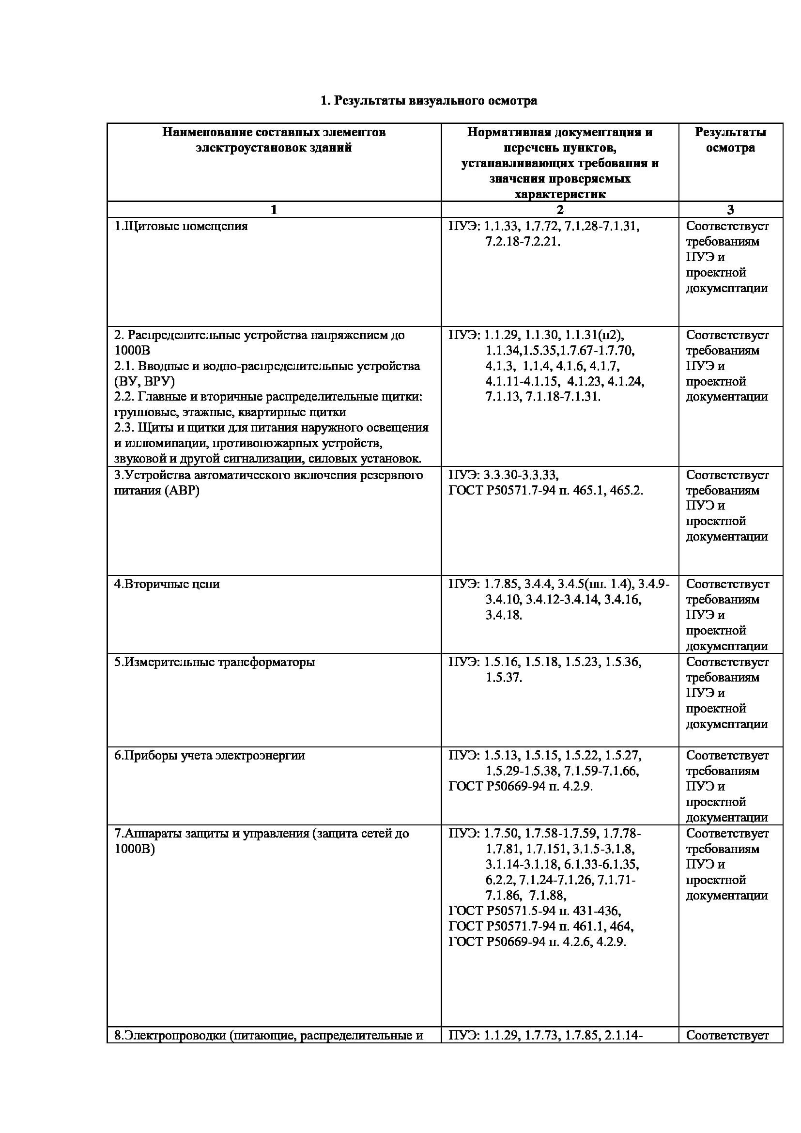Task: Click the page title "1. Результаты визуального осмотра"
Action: coord(428,101)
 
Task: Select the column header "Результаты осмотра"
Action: coord(730,140)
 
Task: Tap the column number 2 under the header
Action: coord(560,210)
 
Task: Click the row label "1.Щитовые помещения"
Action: coord(181,226)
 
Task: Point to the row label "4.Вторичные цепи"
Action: coord(167,584)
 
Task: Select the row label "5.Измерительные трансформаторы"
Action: coord(215,662)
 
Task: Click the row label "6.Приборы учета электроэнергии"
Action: coord(210,756)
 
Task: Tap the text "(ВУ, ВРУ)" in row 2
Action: coord(144,381)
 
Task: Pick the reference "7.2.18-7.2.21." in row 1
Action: coord(523,242)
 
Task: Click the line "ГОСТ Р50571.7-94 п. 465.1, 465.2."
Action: coord(545,491)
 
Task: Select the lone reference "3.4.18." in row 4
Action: coord(504,615)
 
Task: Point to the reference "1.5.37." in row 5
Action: coord(504,678)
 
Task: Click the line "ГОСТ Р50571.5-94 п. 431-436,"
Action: coord(535,911)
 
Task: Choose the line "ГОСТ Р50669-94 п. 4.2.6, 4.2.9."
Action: coord(537,942)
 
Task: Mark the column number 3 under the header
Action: coord(730,210)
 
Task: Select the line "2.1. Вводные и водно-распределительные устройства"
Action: coord(267,366)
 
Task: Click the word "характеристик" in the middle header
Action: coord(560,194)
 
